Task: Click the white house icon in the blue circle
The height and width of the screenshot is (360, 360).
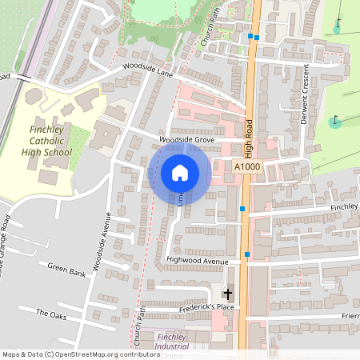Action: click(x=179, y=172)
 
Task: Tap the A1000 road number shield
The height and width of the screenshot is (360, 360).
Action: click(x=248, y=166)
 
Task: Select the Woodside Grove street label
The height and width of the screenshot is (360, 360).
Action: click(x=188, y=139)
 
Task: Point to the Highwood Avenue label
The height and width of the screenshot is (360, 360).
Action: click(x=198, y=260)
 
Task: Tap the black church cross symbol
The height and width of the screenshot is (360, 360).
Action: click(x=227, y=294)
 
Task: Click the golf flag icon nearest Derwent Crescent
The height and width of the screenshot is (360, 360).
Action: click(x=335, y=122)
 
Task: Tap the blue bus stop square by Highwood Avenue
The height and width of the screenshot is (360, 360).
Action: click(x=247, y=254)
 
